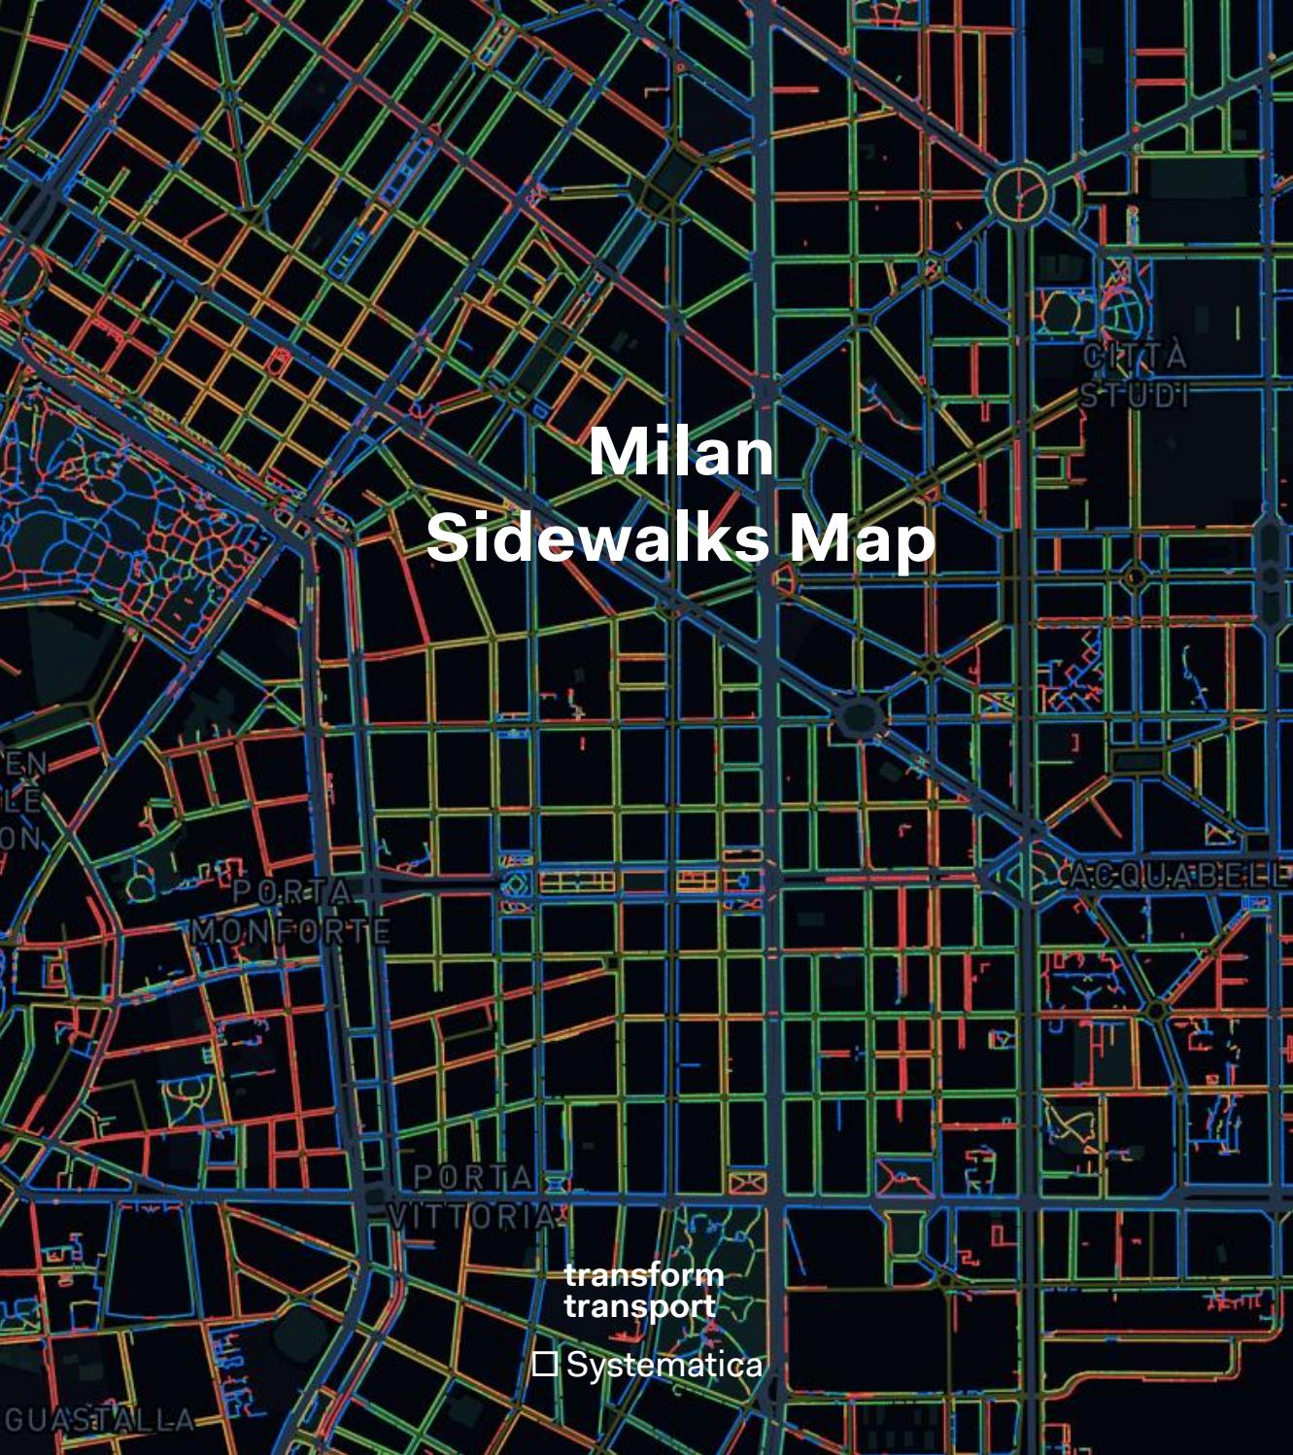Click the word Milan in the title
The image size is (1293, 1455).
(x=680, y=452)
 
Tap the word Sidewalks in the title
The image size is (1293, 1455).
(x=597, y=537)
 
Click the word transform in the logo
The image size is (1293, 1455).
(x=643, y=1274)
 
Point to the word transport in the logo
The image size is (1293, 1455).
(x=639, y=1306)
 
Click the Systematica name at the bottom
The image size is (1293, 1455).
(x=664, y=1365)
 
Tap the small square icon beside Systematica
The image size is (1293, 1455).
(x=545, y=1364)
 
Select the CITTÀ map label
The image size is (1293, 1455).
(x=1135, y=357)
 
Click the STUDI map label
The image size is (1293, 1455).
(x=1134, y=396)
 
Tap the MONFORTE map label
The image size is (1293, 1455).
(x=290, y=931)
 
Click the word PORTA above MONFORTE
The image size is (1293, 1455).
(x=292, y=890)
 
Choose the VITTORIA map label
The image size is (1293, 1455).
(x=472, y=1216)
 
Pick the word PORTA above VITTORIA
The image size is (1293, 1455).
(x=473, y=1177)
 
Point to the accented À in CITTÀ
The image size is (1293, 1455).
(x=1175, y=355)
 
